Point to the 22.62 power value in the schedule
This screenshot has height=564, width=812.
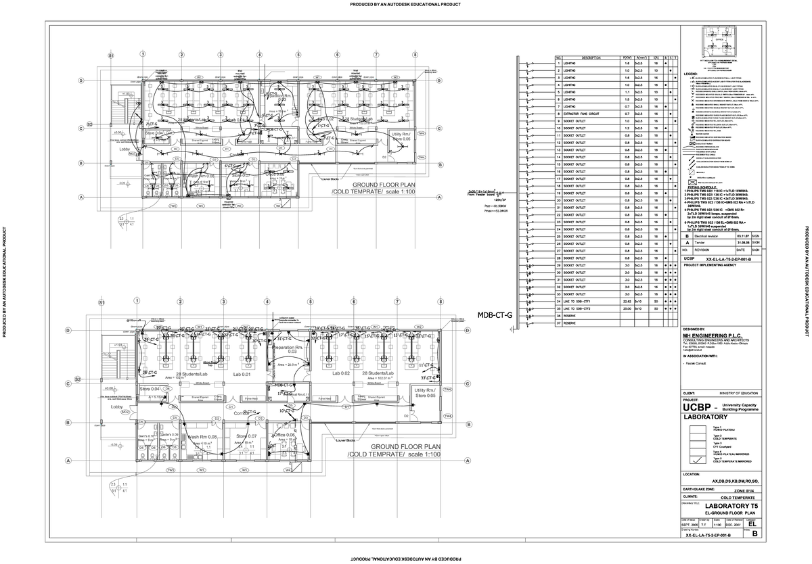(x=627, y=302)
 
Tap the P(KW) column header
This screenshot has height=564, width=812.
(x=627, y=58)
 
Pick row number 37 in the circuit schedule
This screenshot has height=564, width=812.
(x=559, y=323)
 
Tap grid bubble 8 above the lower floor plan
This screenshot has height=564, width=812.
(x=440, y=302)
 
